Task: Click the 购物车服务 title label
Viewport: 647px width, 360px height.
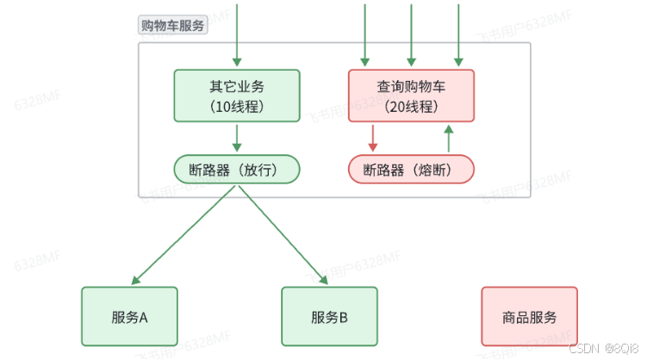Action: (173, 25)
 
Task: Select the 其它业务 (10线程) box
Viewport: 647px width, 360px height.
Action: (237, 96)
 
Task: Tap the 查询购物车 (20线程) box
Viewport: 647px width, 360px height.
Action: (411, 96)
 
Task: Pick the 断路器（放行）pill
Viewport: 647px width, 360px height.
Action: (237, 170)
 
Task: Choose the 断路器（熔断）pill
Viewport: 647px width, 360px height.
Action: (411, 170)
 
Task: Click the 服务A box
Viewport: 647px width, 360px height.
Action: (129, 317)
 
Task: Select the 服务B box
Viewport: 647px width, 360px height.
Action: (329, 317)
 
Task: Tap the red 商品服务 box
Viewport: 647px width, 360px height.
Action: (529, 317)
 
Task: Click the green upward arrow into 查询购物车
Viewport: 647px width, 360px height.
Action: (448, 138)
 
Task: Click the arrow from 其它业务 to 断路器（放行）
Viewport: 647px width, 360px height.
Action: (237, 138)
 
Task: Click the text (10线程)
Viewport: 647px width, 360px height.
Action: (237, 106)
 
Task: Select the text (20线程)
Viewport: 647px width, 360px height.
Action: (411, 106)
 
